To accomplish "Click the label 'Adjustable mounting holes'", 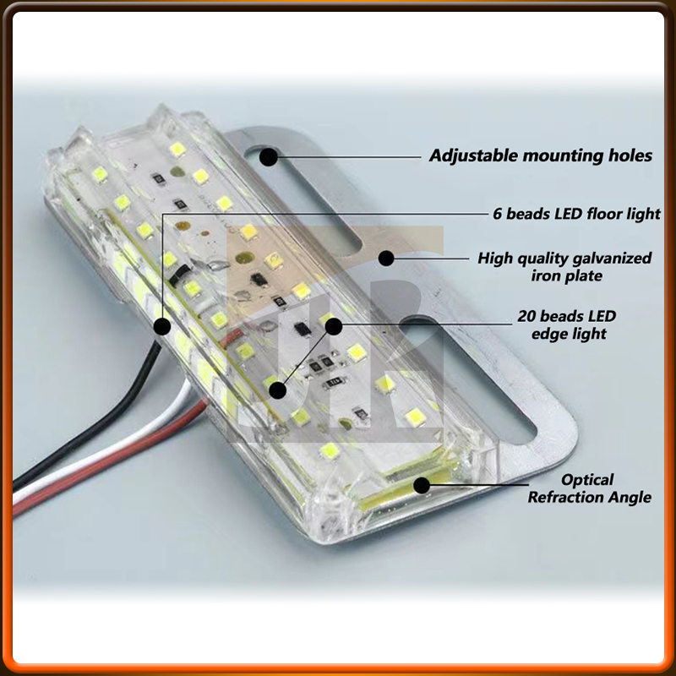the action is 541,155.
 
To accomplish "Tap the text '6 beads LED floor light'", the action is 576,214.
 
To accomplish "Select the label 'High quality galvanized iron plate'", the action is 564,266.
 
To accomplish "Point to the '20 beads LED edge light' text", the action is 567,324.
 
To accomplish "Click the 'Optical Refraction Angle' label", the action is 589,488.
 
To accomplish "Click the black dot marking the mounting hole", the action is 269,155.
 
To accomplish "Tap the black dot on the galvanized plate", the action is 387,257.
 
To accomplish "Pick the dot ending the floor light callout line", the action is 162,324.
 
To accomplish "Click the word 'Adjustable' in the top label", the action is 473,155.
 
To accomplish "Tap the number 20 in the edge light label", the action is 526,316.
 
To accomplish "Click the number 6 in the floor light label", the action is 498,214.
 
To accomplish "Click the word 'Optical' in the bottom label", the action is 589,480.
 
